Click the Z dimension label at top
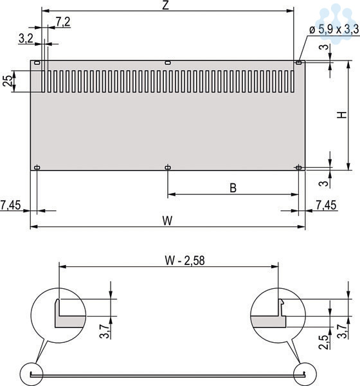[x=166, y=5]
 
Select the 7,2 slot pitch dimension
[x=63, y=22]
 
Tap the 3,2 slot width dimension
[x=26, y=39]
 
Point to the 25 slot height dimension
[x=7, y=81]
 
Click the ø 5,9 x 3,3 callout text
[x=334, y=30]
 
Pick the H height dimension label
[x=342, y=115]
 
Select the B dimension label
[x=233, y=188]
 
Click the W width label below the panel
[x=167, y=221]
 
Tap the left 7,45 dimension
[x=10, y=205]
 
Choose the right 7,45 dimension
[x=326, y=205]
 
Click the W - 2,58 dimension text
[x=184, y=261]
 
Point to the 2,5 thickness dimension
[x=324, y=342]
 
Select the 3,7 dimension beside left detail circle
[x=105, y=331]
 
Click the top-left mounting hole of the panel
[x=37, y=62]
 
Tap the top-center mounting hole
[x=168, y=63]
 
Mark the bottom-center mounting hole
[x=168, y=168]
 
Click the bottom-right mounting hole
[x=298, y=168]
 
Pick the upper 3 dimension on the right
[x=325, y=47]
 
